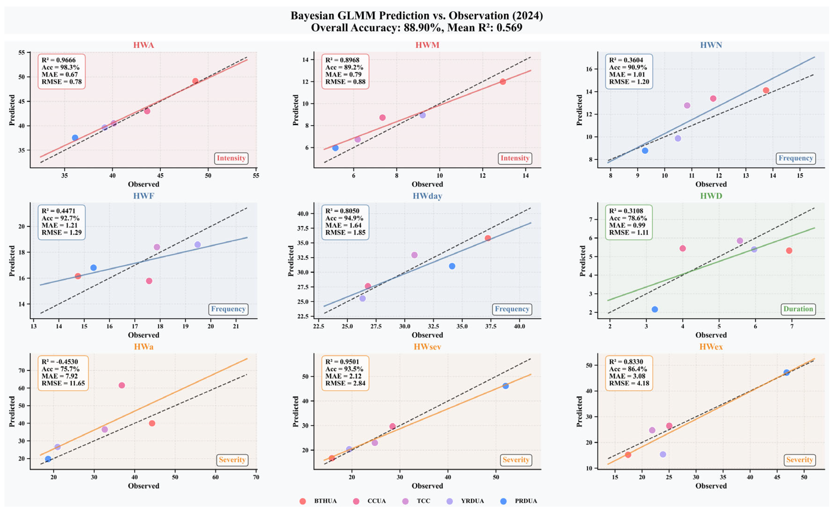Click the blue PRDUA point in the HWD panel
pos(655,309)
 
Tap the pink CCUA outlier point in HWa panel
pos(122,385)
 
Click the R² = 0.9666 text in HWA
pos(59,60)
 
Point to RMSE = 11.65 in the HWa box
pos(63,383)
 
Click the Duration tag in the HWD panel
pos(798,309)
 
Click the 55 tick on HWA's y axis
pos(22,52)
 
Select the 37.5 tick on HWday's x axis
pos(490,326)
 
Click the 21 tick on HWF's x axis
pos(236,326)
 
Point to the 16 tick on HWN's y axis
pos(589,69)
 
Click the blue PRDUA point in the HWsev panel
pos(505,386)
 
